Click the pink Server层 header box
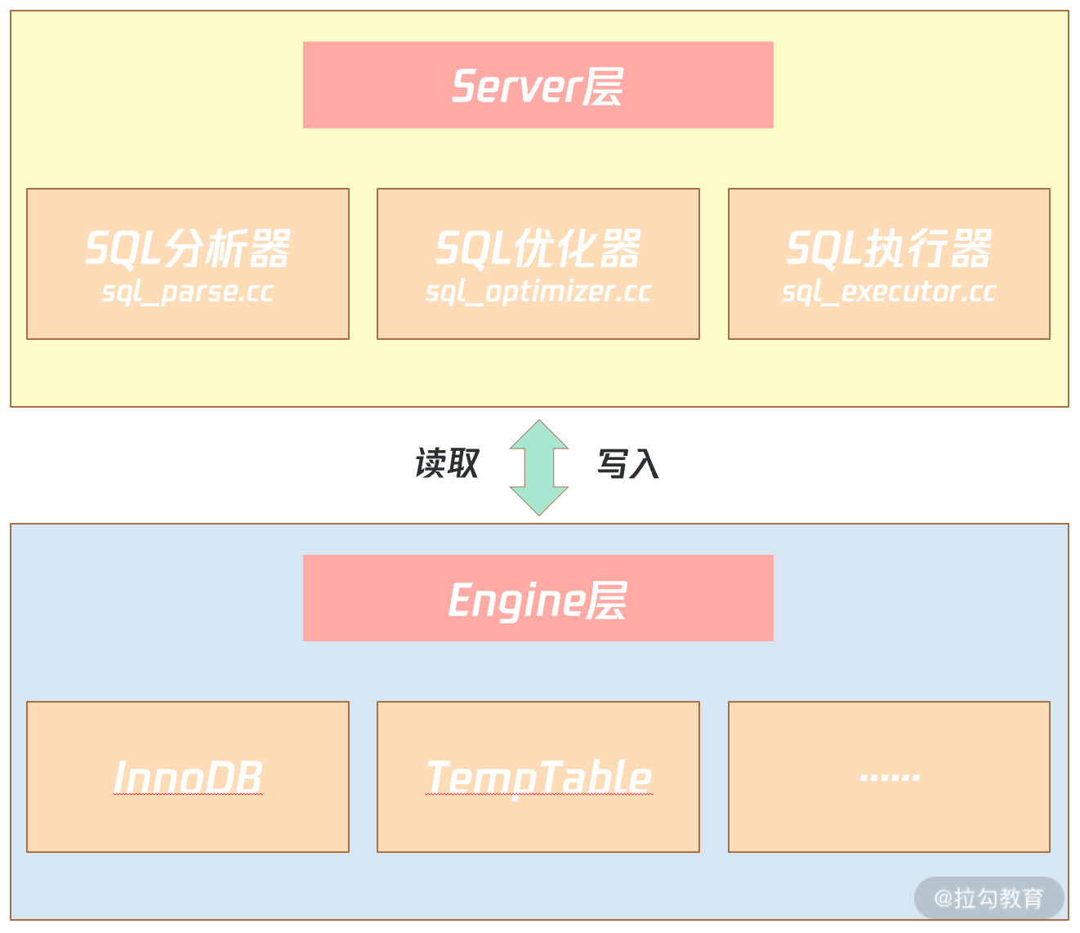point(538,85)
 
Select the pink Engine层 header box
point(538,598)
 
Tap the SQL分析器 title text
point(188,248)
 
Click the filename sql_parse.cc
point(188,292)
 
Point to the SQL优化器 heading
point(538,248)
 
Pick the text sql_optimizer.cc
point(538,292)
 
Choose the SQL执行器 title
point(889,248)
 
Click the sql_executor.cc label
point(889,292)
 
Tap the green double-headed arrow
point(539,467)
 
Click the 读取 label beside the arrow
point(447,463)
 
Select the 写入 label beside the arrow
point(628,463)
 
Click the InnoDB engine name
point(188,777)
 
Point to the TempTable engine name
point(538,777)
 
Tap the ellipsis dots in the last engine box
point(890,777)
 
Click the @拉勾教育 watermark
point(989,898)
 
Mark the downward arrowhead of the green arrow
point(539,501)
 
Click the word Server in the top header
point(515,86)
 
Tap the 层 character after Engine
point(607,600)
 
